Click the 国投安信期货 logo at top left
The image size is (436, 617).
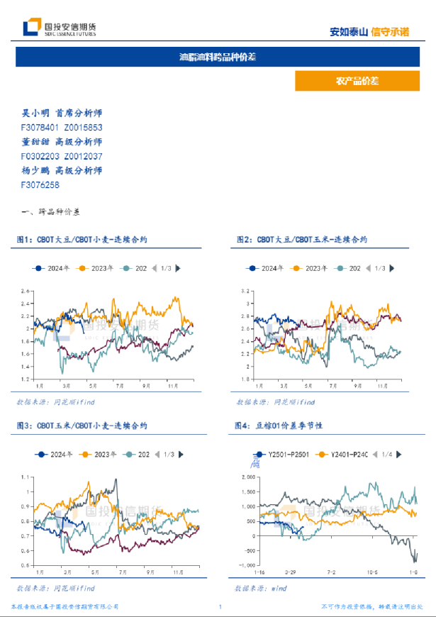[60, 28]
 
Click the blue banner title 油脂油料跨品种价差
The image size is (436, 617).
[218, 57]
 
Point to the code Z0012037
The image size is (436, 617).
[83, 156]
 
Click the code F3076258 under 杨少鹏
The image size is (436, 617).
[40, 184]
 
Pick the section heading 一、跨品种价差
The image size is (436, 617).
[52, 212]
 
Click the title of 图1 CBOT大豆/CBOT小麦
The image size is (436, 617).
[89, 240]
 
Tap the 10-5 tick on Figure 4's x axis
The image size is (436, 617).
[373, 571]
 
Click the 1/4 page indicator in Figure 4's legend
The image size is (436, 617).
[386, 454]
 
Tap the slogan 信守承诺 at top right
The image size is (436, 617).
[390, 32]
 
